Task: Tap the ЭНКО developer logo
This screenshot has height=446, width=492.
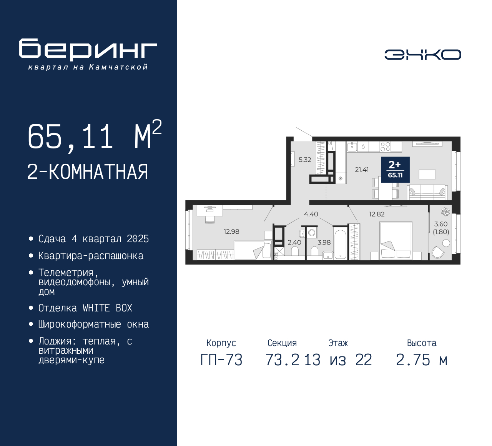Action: [x=422, y=55]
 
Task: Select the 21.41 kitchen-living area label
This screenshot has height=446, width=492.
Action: [x=362, y=170]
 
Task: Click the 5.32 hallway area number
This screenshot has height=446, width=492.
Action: [x=305, y=160]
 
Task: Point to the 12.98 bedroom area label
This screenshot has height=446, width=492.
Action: [x=231, y=231]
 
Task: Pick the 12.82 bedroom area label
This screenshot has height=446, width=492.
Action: [x=377, y=214]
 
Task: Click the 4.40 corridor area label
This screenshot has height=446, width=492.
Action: [x=311, y=214]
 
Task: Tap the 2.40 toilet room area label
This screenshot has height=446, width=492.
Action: [x=294, y=242]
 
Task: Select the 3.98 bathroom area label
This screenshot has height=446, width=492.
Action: [x=324, y=242]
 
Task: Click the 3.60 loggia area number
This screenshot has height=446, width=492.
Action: [x=441, y=224]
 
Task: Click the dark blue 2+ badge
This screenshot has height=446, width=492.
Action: [x=395, y=170]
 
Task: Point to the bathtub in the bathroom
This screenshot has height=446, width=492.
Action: [x=340, y=244]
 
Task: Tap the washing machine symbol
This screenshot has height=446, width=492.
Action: [x=312, y=232]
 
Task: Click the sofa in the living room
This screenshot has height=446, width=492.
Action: [x=427, y=192]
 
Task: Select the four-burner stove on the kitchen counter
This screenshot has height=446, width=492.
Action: [x=385, y=146]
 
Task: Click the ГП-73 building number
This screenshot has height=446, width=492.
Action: [x=221, y=360]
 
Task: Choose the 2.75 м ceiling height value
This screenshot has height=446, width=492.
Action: [x=422, y=360]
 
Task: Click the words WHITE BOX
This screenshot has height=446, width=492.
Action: [x=107, y=308]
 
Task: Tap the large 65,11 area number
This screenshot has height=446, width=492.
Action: [x=70, y=136]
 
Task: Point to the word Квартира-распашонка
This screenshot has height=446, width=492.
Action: [x=91, y=256]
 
